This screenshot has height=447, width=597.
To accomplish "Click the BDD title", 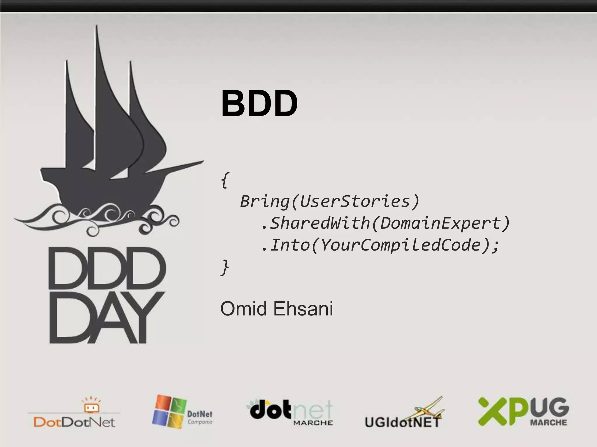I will (x=259, y=104).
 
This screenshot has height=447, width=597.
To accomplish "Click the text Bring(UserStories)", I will (x=329, y=201).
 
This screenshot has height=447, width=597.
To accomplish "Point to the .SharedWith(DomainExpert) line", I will (x=385, y=223).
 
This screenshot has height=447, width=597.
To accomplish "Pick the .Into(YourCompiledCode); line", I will (x=380, y=245).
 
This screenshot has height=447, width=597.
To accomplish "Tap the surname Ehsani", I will (x=303, y=309).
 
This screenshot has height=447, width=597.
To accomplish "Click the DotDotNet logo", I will (x=74, y=413).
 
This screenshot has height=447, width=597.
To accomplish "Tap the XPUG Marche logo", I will (x=524, y=411).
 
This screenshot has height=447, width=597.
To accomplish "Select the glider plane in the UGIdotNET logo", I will (x=429, y=409).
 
